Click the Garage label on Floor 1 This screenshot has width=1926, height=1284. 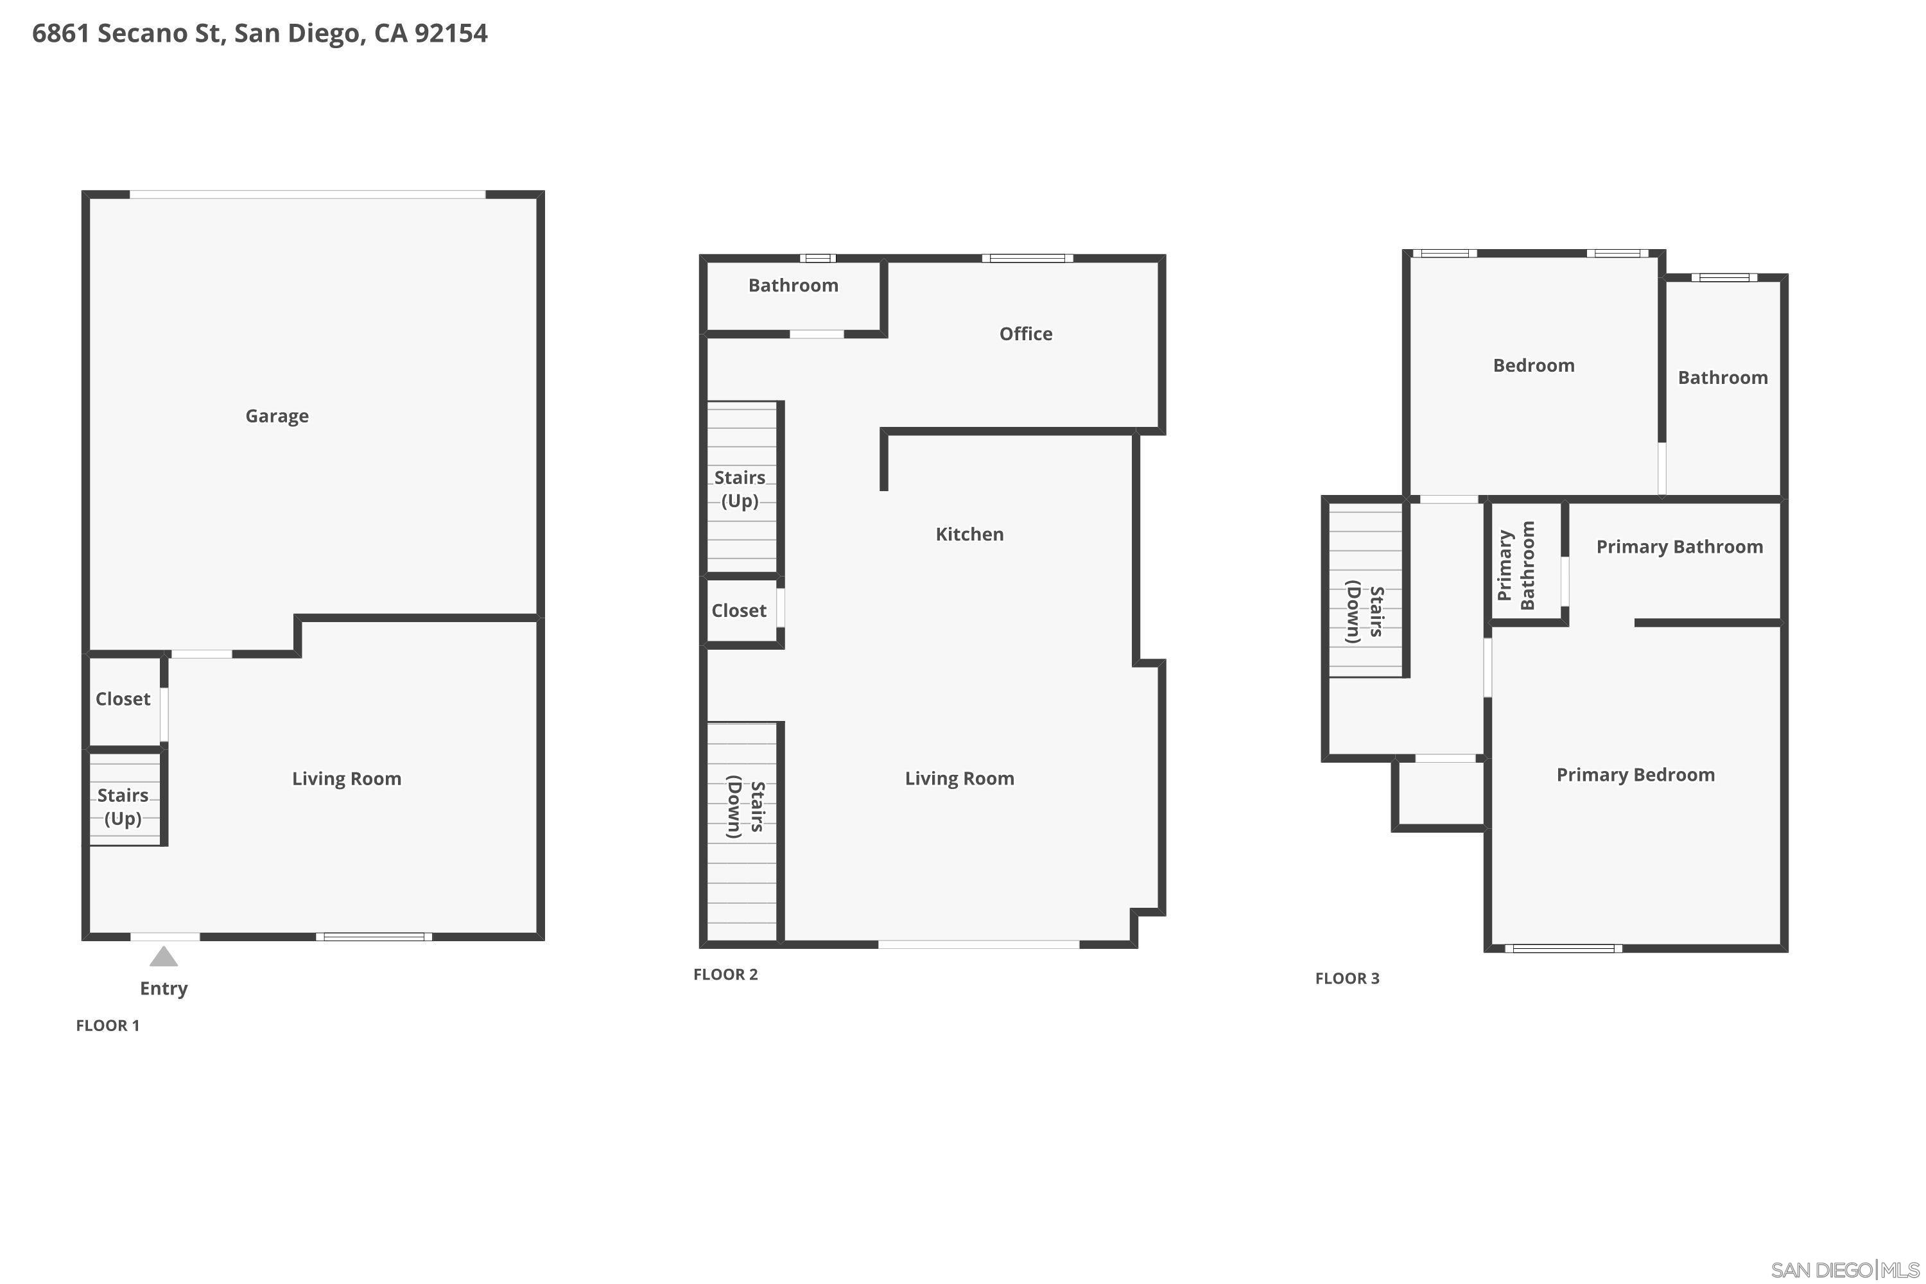(277, 416)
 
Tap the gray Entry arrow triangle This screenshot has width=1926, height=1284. (164, 957)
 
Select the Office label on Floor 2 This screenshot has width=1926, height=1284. (1025, 334)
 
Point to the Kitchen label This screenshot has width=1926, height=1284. (969, 535)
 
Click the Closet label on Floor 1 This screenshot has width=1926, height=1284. (123, 699)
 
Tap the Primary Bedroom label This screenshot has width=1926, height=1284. (1635, 776)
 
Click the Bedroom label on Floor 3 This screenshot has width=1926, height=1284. (1533, 366)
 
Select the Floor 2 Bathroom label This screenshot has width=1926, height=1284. (793, 286)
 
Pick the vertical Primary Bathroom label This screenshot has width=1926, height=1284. (1516, 565)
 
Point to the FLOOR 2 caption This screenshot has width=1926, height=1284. (725, 975)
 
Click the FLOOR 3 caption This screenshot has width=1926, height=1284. (1347, 978)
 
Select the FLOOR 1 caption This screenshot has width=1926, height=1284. (107, 1026)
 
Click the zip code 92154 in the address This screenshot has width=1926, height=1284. (451, 33)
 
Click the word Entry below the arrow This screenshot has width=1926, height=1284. (164, 989)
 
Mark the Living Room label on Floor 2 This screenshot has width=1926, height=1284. (959, 779)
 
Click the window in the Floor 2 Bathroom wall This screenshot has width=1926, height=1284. (817, 259)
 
